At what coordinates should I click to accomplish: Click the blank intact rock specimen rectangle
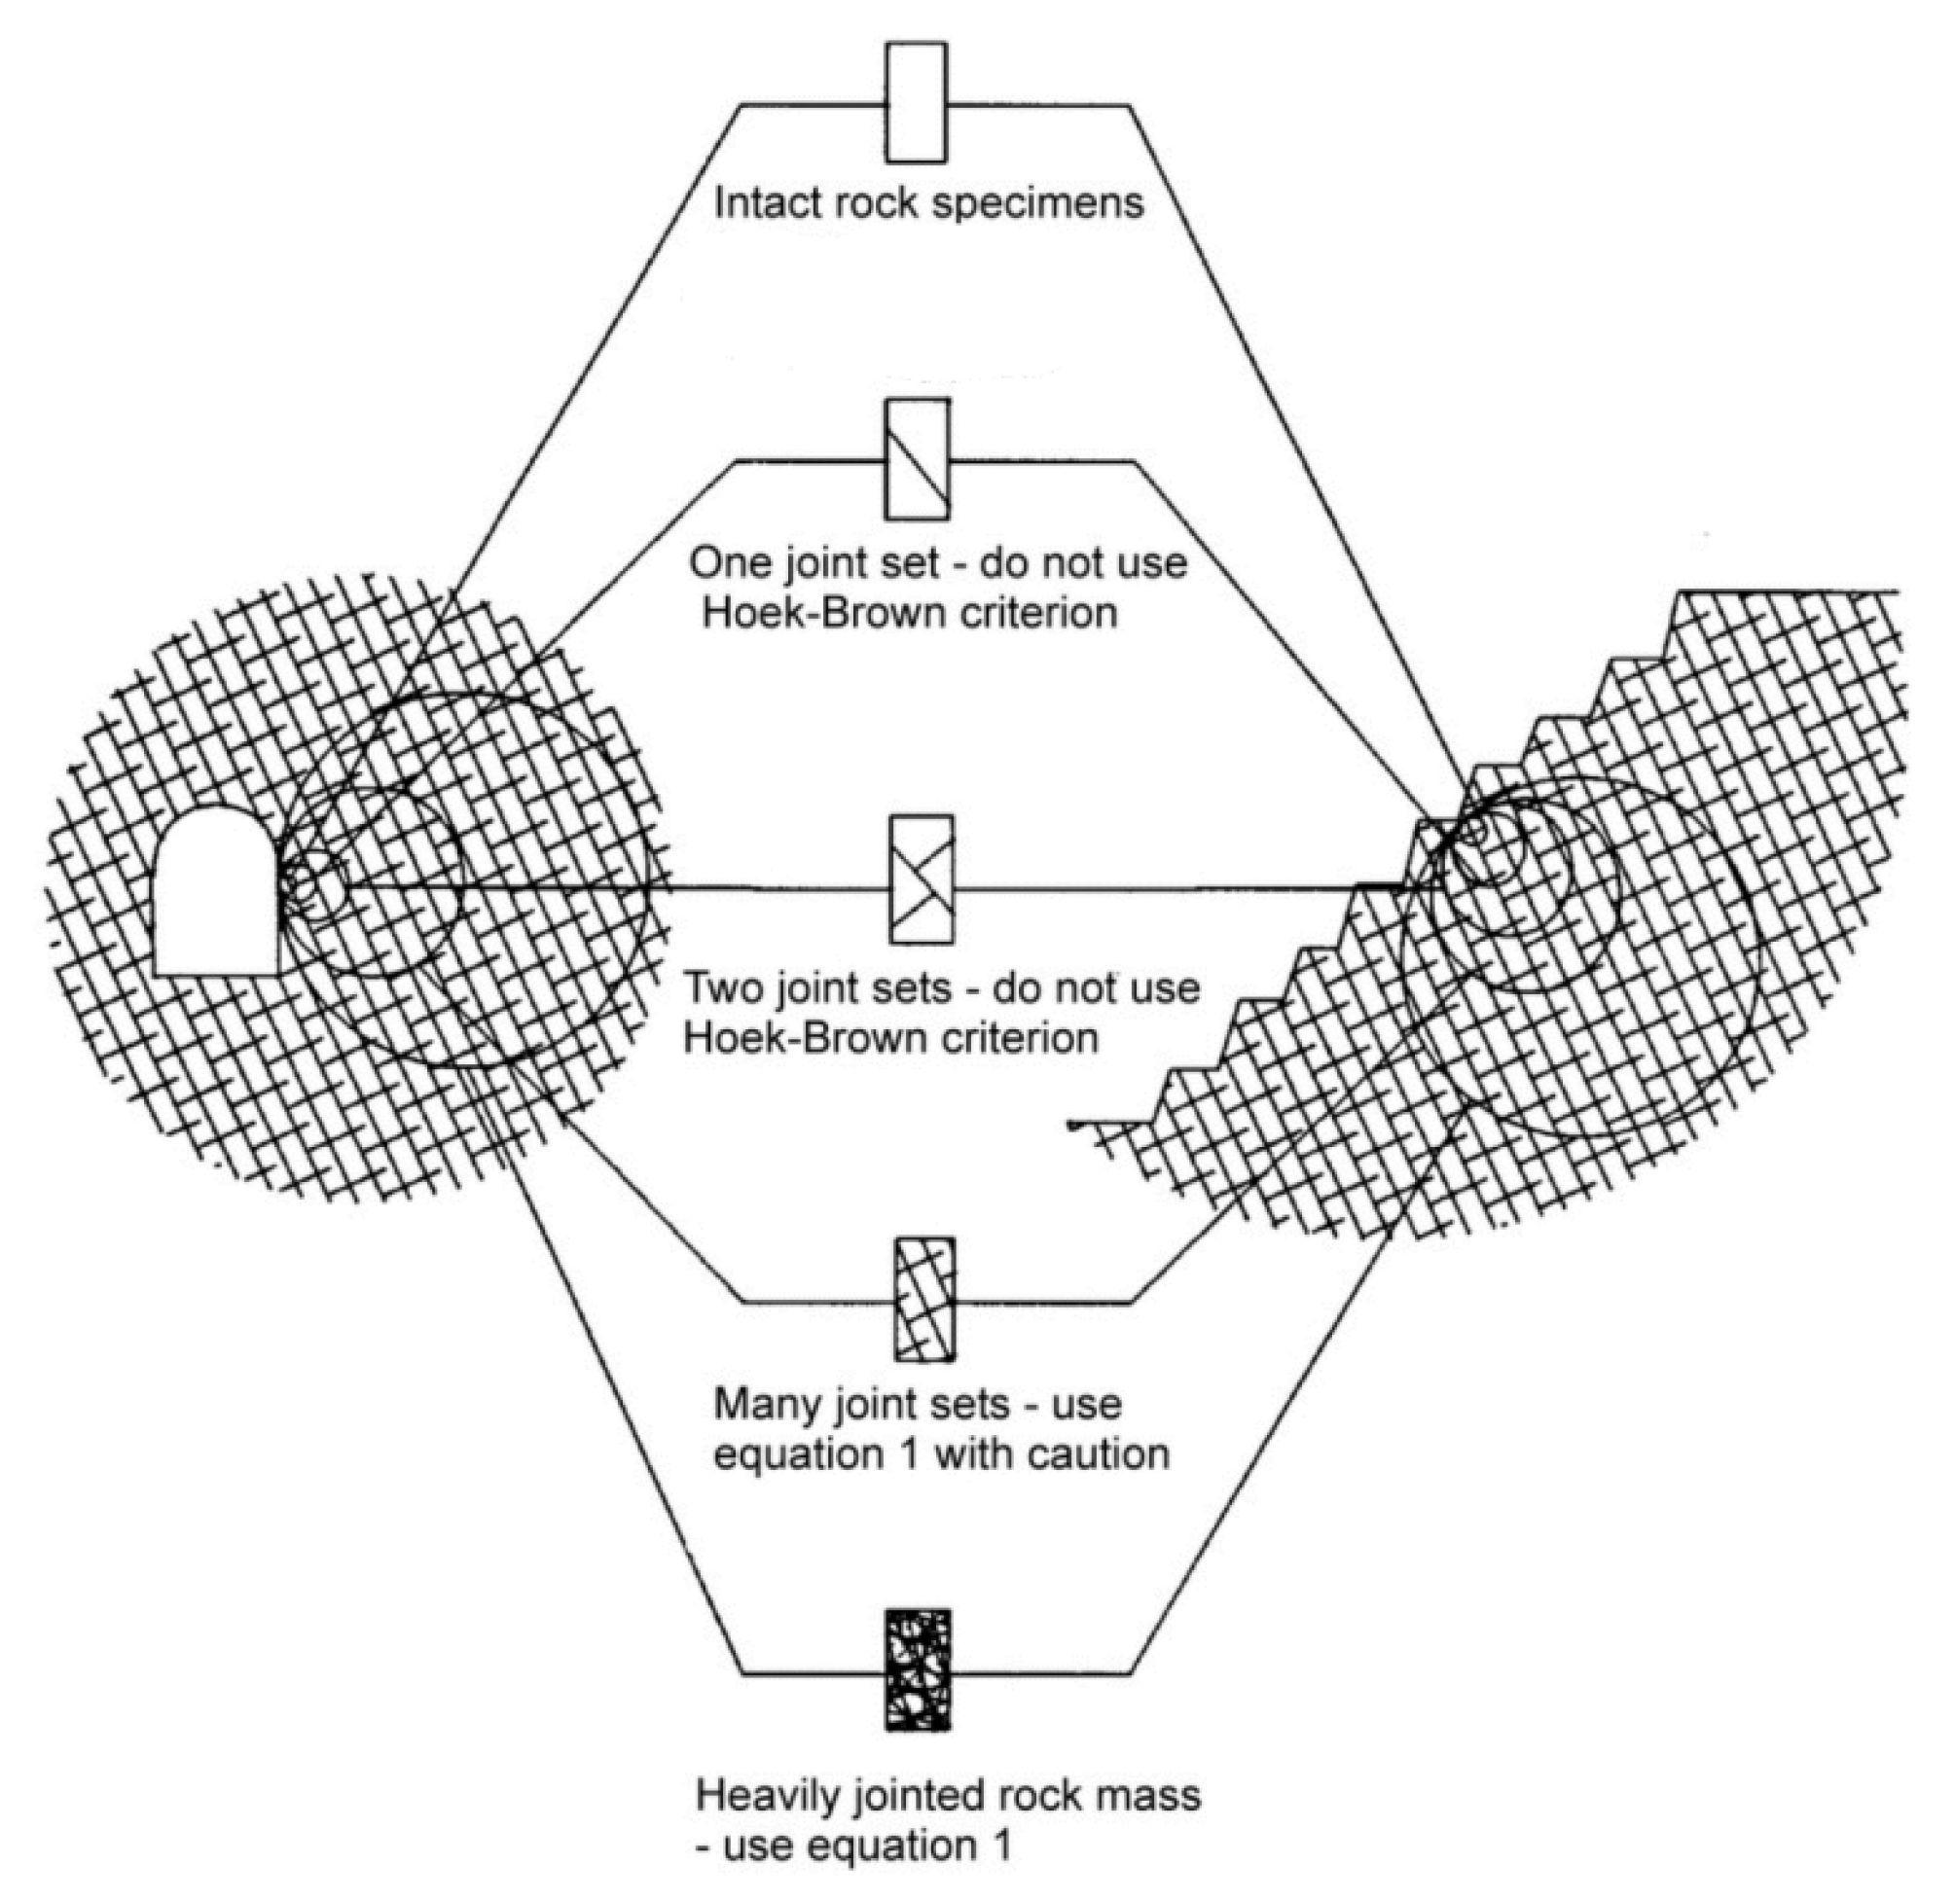[916, 102]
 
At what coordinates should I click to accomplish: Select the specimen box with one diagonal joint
[917, 459]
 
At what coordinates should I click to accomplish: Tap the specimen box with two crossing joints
[922, 879]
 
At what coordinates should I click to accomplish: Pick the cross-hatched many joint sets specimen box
[924, 1300]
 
